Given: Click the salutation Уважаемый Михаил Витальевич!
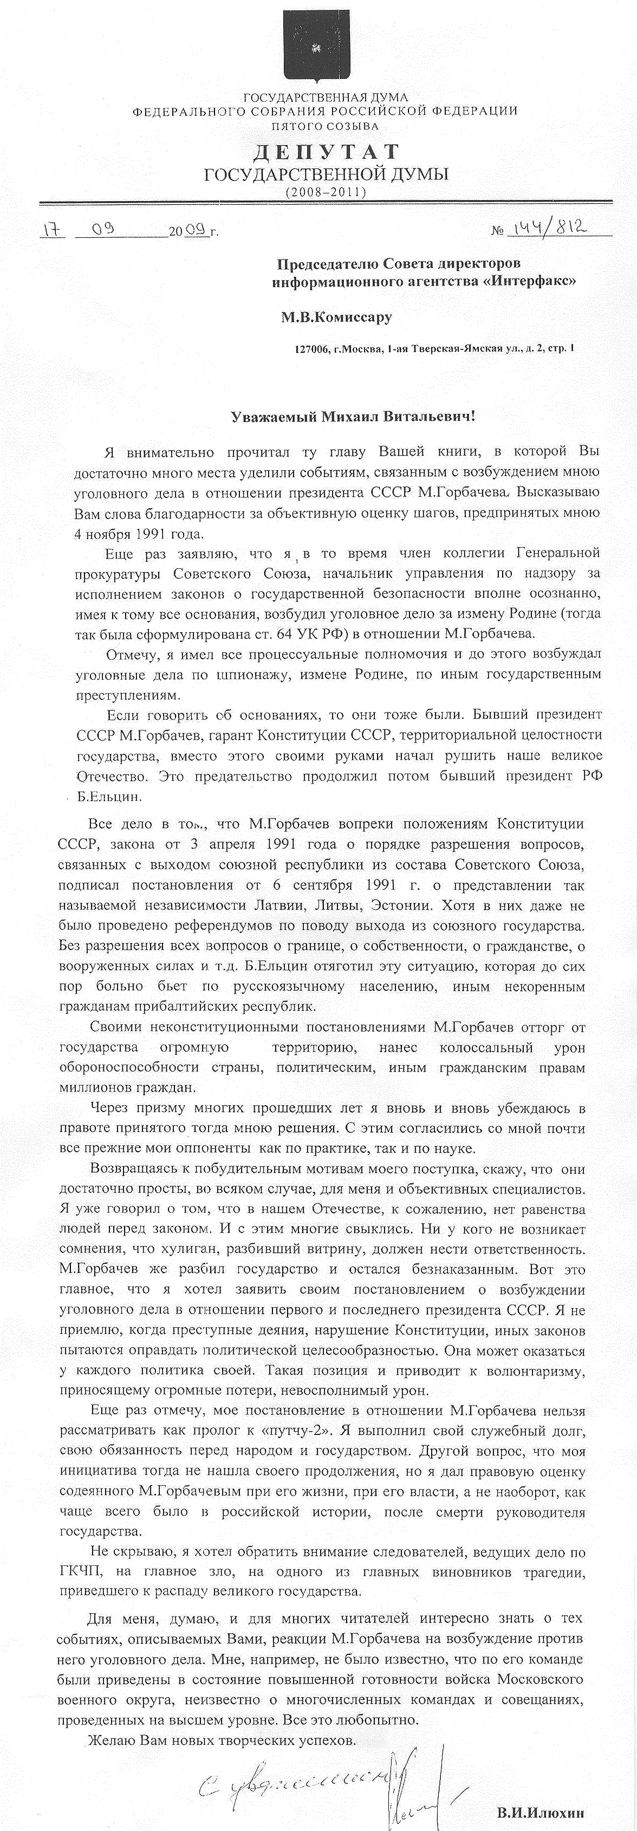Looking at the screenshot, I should tap(353, 417).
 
